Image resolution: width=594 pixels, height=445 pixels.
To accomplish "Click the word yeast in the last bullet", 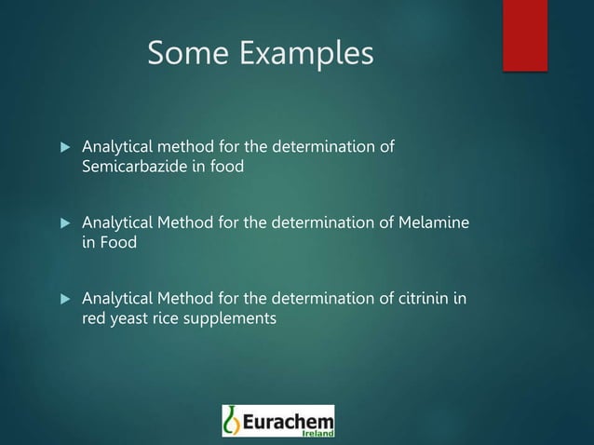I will pos(132,318).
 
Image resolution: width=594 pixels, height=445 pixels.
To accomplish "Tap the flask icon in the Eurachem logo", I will pos(233,421).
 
